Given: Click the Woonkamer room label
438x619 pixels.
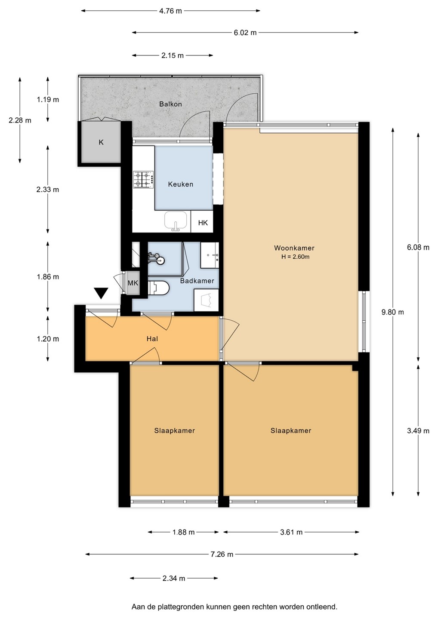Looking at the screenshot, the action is [x=294, y=248].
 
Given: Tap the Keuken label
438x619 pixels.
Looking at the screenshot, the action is [x=181, y=184].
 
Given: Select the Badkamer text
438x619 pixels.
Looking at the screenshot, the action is [x=197, y=281].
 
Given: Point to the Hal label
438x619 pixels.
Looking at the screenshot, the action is [x=152, y=339].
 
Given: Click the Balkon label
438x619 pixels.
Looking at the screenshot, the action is [x=171, y=104].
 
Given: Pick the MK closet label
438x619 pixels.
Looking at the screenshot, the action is [x=133, y=283].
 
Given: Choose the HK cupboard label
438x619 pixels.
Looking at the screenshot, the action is [x=203, y=223].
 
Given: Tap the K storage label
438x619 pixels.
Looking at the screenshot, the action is [x=101, y=142].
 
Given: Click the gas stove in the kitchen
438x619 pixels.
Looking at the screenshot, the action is [x=144, y=180].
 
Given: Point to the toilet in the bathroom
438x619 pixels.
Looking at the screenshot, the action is [x=159, y=288].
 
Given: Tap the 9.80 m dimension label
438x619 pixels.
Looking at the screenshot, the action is [x=393, y=312].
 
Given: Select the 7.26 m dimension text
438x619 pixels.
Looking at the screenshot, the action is [x=222, y=554].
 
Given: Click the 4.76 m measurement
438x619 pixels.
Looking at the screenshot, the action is [x=171, y=11].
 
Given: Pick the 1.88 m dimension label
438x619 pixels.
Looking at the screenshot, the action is [x=184, y=532].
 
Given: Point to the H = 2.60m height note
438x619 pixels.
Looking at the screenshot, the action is [x=295, y=257].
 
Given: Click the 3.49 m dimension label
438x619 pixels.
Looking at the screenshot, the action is [x=418, y=431].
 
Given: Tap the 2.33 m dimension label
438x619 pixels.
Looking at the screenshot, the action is [x=48, y=190].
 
